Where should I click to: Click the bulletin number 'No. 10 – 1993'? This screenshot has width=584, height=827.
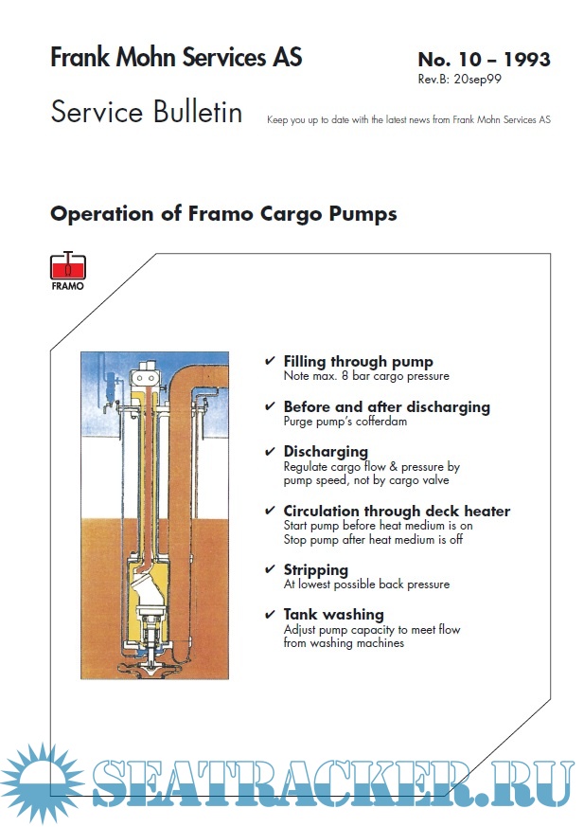click(484, 59)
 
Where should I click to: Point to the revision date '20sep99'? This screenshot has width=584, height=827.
click(478, 80)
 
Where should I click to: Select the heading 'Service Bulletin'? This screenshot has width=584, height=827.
click(147, 112)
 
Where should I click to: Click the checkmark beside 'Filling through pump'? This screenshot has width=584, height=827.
click(270, 361)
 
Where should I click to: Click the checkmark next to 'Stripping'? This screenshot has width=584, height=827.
click(270, 569)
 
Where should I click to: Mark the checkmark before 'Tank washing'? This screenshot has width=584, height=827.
click(270, 615)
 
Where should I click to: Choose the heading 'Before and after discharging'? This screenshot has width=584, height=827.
click(387, 407)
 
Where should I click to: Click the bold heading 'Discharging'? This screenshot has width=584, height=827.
click(326, 452)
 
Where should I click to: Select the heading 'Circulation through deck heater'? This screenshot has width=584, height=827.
click(397, 512)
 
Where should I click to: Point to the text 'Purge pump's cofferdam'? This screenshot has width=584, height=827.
click(345, 422)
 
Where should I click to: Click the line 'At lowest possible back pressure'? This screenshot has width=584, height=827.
click(366, 584)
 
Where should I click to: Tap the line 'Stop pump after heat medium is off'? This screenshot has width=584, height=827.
click(373, 540)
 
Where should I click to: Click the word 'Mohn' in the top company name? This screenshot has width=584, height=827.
click(146, 57)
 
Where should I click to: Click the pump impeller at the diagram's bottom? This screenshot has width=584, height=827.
click(152, 666)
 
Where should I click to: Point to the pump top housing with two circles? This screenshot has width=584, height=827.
click(144, 376)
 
